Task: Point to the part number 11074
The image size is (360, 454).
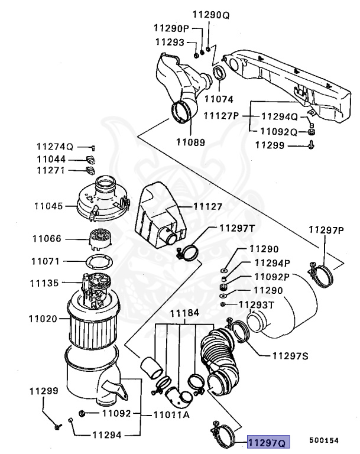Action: [219, 99]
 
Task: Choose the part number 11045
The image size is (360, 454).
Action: [47, 207]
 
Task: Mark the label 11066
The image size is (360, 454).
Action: [47, 239]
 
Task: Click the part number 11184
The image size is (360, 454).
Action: [184, 313]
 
